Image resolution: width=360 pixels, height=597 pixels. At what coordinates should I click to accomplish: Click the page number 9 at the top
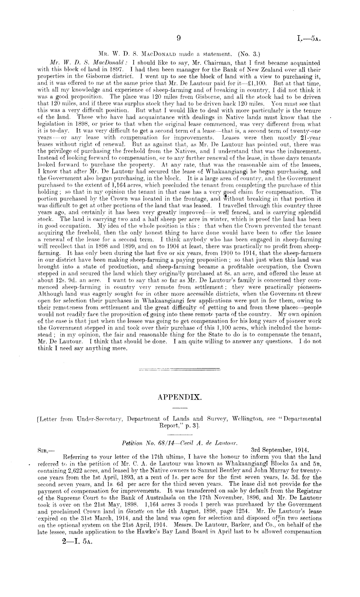tap(178, 39)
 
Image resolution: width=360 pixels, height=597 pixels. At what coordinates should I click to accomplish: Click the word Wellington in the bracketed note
tap(255, 419)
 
